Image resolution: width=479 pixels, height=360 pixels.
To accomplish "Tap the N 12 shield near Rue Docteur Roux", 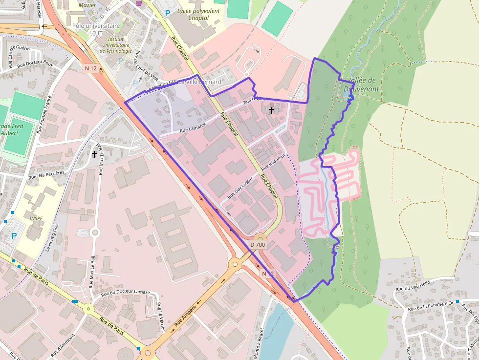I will point(90,68).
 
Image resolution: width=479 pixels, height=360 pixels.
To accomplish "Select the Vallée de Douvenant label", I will point(361,85).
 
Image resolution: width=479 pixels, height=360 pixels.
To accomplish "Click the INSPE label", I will point(36,218).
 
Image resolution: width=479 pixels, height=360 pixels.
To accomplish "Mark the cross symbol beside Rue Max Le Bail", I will point(94,154).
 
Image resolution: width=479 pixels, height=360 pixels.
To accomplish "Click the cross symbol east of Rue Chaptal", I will point(271,110).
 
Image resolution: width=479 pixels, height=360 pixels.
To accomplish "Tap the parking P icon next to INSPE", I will point(14,236).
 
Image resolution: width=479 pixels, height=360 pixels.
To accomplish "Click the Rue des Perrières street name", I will point(46,174).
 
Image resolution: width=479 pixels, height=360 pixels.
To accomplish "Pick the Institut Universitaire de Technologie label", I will point(116,44).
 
